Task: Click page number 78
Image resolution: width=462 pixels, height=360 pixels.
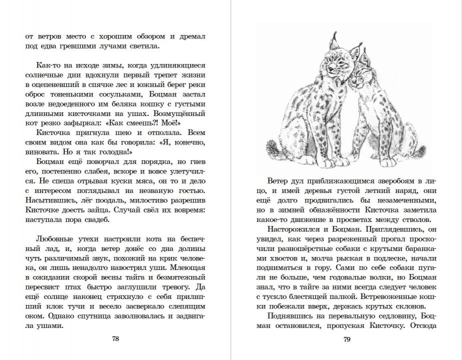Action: click(x=115, y=338)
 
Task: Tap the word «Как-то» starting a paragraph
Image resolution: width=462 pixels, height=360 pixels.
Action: click(x=48, y=65)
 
